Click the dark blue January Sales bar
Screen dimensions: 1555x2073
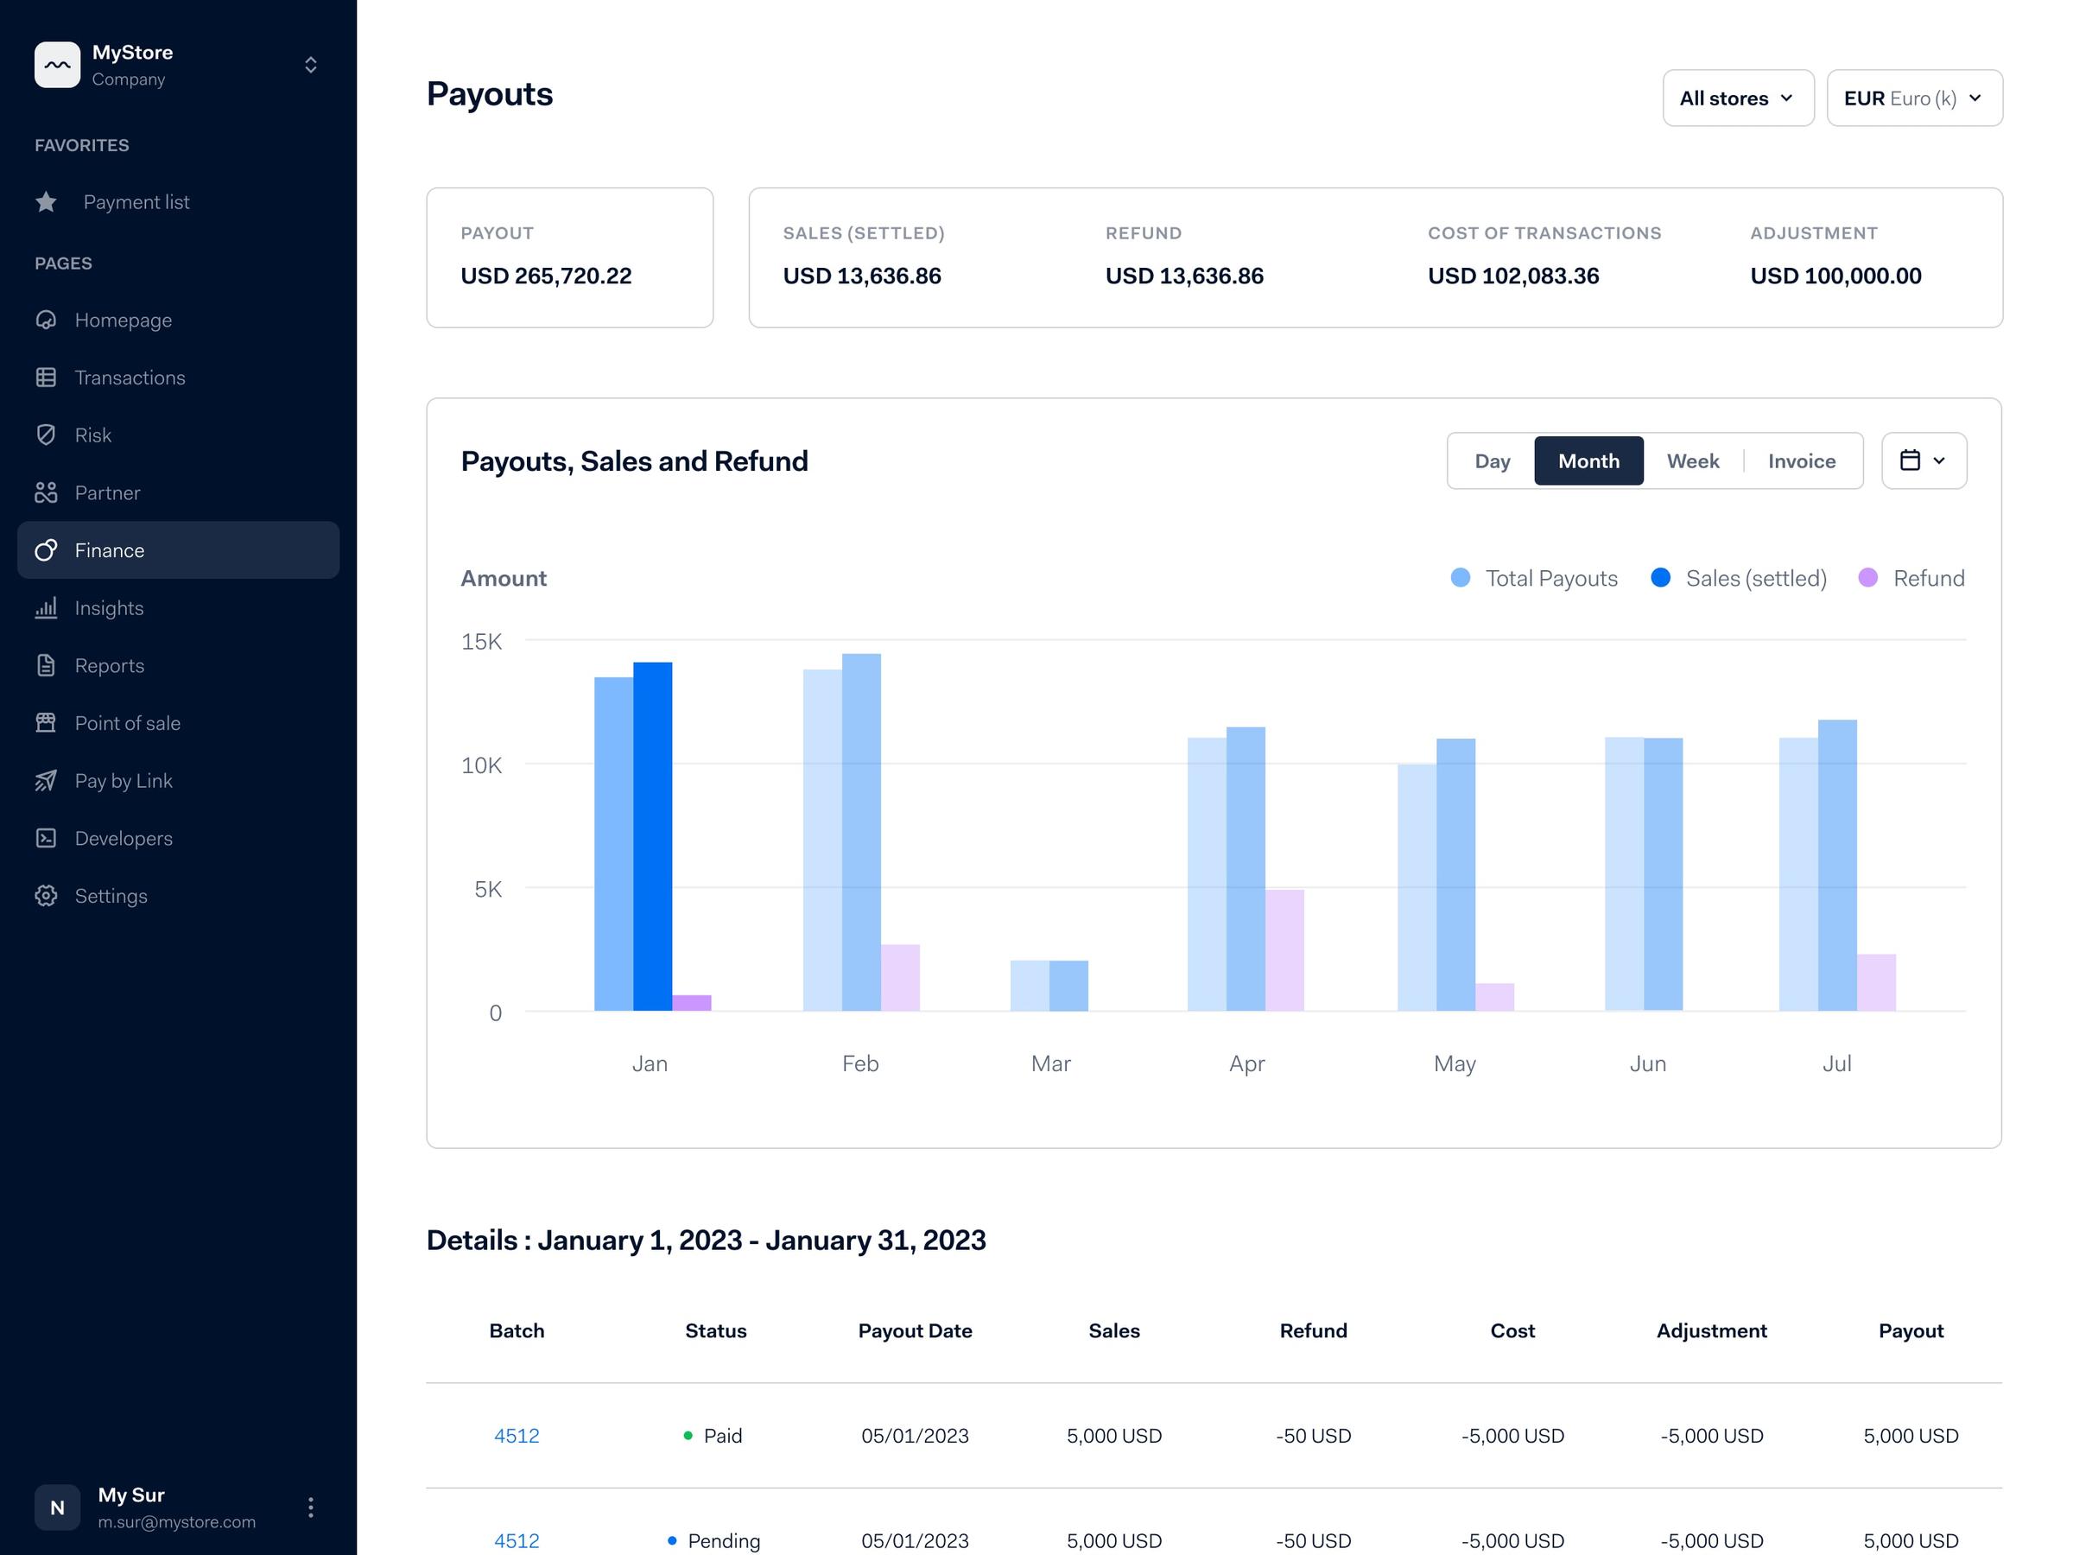[x=652, y=836]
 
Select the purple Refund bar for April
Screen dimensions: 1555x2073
[x=1285, y=949]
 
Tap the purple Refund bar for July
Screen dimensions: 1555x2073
[x=1876, y=982]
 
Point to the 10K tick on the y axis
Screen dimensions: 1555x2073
[x=481, y=765]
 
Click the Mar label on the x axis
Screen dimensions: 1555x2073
[x=1050, y=1063]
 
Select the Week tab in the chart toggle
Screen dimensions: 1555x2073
[x=1692, y=461]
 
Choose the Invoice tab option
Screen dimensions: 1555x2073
[x=1801, y=461]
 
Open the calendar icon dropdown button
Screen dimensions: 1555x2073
[x=1923, y=461]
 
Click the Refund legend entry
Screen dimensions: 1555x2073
[x=1911, y=578]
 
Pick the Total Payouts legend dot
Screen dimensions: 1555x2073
[x=1460, y=578]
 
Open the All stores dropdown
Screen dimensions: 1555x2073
[x=1738, y=98]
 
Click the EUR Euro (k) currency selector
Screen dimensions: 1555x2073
[x=1914, y=98]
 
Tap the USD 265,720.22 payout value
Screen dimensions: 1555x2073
[x=547, y=276]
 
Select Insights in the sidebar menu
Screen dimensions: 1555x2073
[x=109, y=608]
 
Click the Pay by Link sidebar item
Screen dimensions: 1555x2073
[x=123, y=781]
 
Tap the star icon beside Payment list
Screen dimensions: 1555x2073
[x=46, y=201]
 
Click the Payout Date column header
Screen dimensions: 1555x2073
[x=915, y=1331]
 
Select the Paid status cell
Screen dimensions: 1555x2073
[x=714, y=1435]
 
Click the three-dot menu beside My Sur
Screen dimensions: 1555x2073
[x=310, y=1507]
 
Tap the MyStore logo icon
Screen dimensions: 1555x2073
[x=57, y=65]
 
